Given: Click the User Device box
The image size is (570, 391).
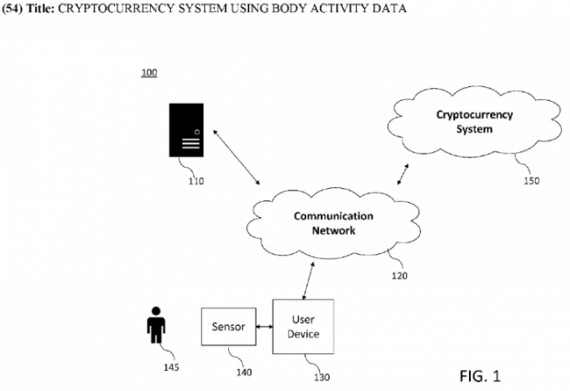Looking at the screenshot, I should (x=304, y=326).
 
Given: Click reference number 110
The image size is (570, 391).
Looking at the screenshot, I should (x=195, y=181).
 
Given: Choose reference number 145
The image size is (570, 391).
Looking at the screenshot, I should (x=172, y=368).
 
